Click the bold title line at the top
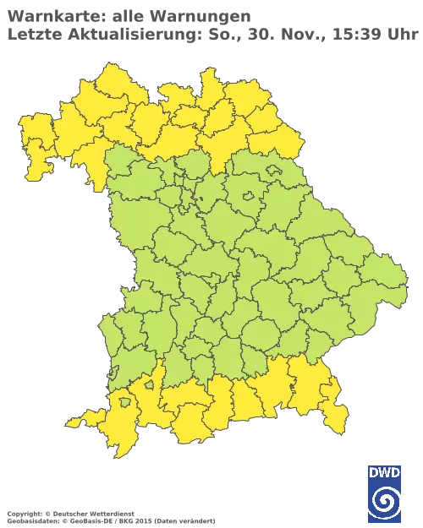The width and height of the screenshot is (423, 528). pos(127,16)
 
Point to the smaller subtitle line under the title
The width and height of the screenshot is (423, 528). pos(211,35)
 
